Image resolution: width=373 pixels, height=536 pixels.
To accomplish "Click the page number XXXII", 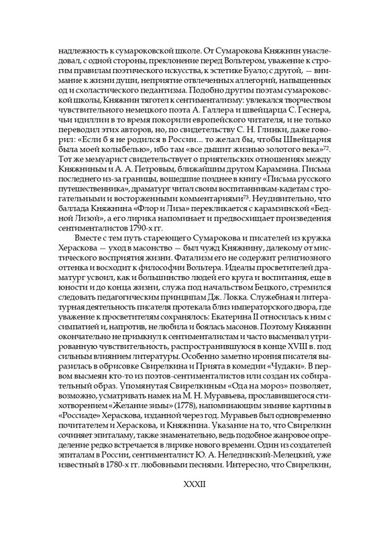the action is point(186,500).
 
